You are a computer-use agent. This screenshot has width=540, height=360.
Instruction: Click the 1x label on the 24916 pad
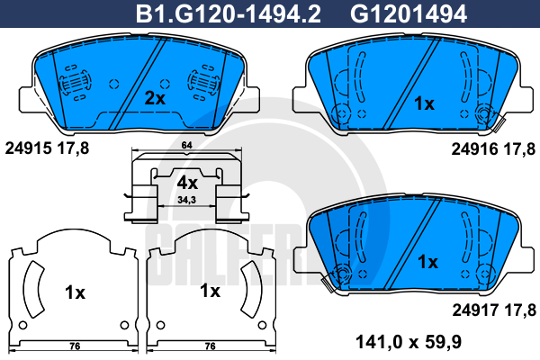click(423, 103)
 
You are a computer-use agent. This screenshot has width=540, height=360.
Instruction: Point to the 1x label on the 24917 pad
click(427, 262)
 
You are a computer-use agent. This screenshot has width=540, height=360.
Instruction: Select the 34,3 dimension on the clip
click(187, 200)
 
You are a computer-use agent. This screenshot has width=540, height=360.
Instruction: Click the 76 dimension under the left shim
click(76, 345)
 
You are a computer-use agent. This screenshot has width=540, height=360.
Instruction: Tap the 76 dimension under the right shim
click(210, 345)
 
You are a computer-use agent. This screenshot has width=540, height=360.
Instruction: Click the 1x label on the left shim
click(75, 292)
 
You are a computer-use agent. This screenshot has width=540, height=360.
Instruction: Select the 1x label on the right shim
click(210, 291)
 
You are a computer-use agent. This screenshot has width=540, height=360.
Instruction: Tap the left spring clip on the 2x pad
click(74, 85)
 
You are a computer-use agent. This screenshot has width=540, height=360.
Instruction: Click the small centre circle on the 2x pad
click(113, 84)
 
